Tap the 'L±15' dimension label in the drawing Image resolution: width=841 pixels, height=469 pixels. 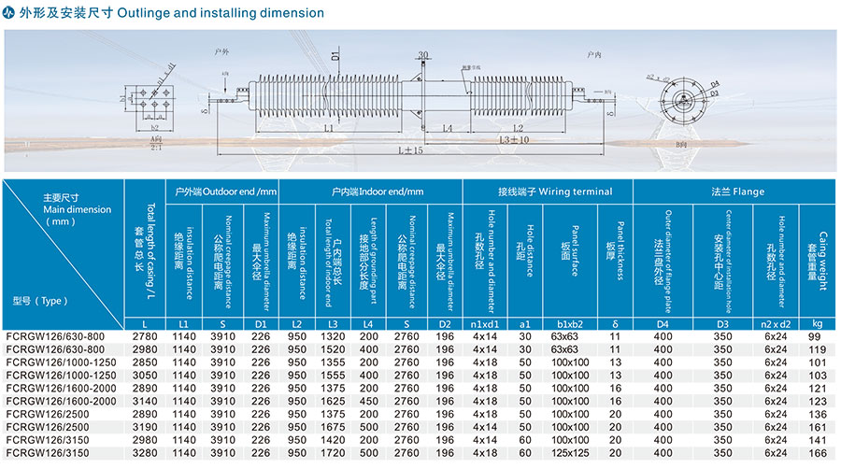[410, 149]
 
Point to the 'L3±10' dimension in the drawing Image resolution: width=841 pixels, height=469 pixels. [515, 139]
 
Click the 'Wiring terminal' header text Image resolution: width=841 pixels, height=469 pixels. [549, 192]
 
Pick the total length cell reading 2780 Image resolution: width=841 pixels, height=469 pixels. [145, 336]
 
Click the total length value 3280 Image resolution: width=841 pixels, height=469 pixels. [145, 453]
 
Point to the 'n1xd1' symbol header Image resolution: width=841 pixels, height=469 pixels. [485, 323]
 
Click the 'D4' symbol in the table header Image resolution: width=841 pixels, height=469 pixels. [663, 323]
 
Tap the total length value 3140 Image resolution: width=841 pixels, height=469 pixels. [145, 401]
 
